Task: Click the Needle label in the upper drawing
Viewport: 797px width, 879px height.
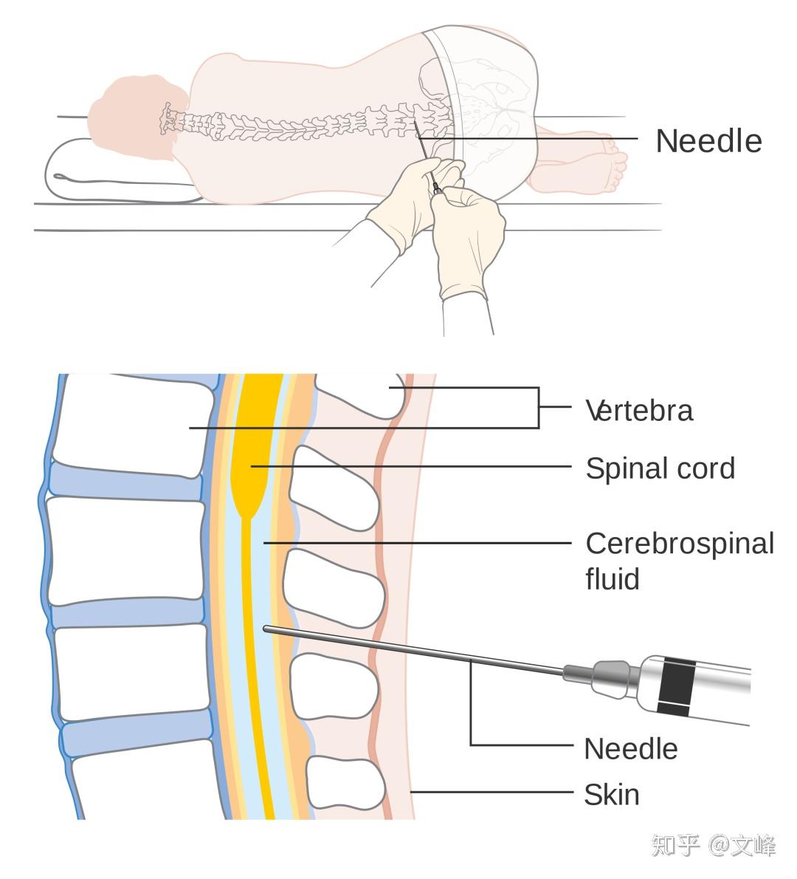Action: click(708, 140)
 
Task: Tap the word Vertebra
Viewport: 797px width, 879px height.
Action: click(639, 411)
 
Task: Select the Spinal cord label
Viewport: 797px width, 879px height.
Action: click(660, 468)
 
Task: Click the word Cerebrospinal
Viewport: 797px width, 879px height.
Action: click(680, 544)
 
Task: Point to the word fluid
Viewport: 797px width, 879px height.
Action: click(613, 578)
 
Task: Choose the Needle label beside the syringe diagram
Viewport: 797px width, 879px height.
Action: click(631, 749)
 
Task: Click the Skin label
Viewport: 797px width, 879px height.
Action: click(612, 795)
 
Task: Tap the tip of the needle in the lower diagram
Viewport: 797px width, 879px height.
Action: click(266, 629)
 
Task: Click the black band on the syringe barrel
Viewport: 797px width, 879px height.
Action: click(676, 687)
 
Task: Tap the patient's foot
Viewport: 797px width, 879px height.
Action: click(607, 162)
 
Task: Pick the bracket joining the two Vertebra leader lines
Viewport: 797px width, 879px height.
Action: click(539, 408)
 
